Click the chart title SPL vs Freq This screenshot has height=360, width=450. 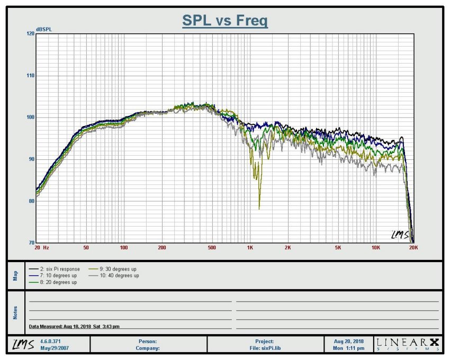point(225,21)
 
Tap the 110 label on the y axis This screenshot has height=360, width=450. point(30,76)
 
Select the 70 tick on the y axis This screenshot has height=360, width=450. point(31,243)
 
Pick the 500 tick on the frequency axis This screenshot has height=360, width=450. point(211,247)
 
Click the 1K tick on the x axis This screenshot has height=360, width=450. point(250,247)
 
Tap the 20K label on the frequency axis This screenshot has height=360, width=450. point(413,247)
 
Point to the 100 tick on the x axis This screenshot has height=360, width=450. point(124,247)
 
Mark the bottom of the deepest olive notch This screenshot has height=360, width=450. point(259,209)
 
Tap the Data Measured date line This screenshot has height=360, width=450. point(74,327)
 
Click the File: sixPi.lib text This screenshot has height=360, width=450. point(265,348)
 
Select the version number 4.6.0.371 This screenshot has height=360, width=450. point(51,341)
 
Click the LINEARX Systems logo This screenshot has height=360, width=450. point(408,344)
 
